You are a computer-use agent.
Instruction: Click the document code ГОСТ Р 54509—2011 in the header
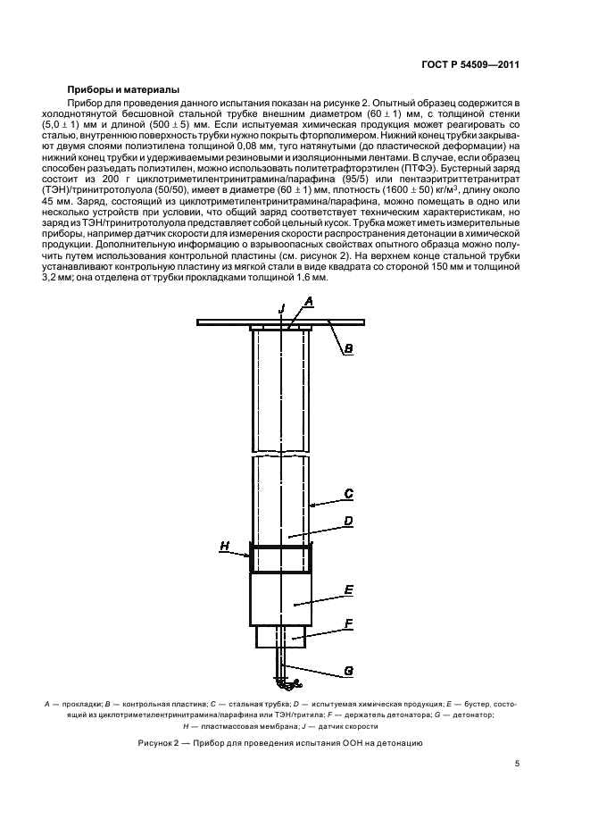pos(470,64)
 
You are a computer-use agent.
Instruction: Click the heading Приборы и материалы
pos(123,90)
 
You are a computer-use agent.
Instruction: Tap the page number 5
pos(517,764)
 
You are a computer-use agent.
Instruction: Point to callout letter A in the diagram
pos(308,304)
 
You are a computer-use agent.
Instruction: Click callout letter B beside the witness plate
pos(349,349)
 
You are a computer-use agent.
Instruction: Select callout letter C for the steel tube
pos(349,493)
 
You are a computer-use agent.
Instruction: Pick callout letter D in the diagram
pos(349,521)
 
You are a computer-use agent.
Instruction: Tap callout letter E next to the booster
pos(349,590)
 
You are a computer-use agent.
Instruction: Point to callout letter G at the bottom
pos(349,671)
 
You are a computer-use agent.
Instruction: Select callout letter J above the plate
pos(281,307)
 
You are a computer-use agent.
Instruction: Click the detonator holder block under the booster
pos(280,637)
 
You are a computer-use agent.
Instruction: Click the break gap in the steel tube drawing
pos(281,454)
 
